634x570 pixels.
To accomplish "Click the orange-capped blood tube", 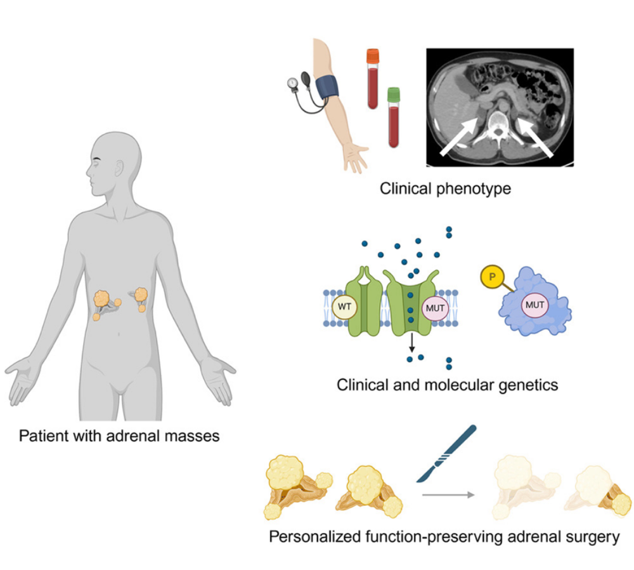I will tap(373, 79).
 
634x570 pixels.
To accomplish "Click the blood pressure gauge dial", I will tap(292, 83).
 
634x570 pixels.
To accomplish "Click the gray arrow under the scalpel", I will tap(448, 493).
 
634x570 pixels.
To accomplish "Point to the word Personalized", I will tap(312, 537).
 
